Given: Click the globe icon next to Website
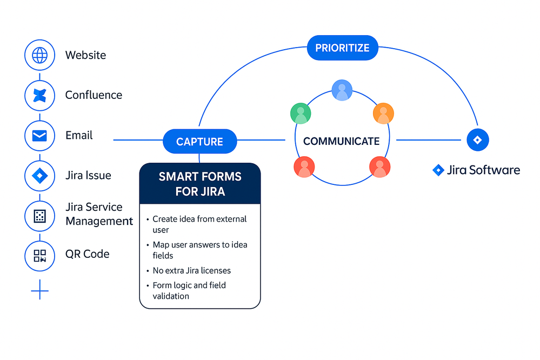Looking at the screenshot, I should coord(40,55).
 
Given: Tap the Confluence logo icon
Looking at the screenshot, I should coord(40,95).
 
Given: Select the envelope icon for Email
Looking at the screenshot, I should coord(40,136).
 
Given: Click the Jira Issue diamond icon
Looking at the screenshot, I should coord(40,176).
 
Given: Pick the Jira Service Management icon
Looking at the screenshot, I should coord(40,216).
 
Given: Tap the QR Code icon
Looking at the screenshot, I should coord(40,255).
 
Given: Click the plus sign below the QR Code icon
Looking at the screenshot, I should coord(40,292).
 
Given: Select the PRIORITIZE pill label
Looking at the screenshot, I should coord(342,48).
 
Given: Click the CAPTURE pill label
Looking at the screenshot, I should coord(199,142).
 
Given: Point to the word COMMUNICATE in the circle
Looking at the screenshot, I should coord(341,142).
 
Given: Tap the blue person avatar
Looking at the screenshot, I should coord(342,90).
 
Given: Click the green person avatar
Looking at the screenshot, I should coord(301,114).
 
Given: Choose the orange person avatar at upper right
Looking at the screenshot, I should coord(383,114).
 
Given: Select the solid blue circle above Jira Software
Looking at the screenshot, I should coord(477,140).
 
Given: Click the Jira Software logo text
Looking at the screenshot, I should coord(477,170).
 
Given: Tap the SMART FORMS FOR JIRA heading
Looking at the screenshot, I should coord(200,184).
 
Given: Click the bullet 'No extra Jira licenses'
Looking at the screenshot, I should coord(192,270).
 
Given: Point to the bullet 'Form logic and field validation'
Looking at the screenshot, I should coord(189,290).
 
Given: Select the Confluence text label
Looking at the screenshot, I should coord(94,95).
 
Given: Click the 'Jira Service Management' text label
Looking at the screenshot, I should coord(99,214).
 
